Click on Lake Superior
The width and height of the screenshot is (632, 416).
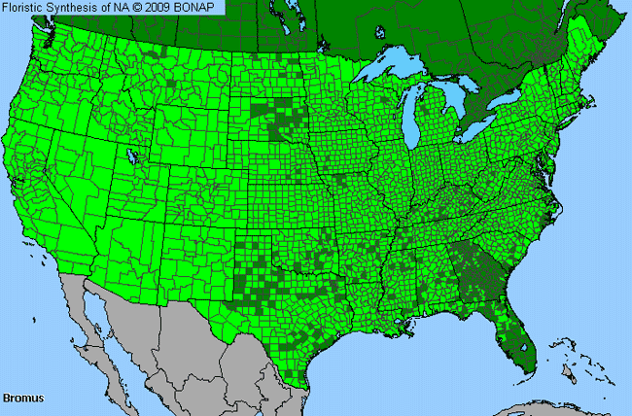point(389,73)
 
